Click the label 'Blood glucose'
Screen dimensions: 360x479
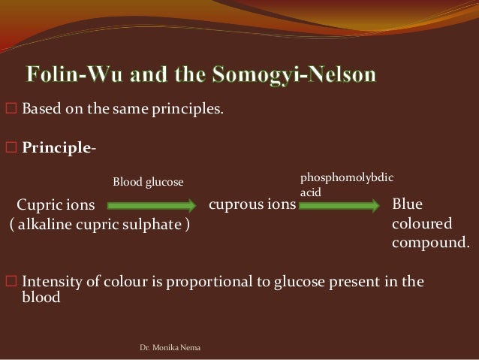click(x=148, y=182)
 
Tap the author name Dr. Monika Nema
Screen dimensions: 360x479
click(x=165, y=349)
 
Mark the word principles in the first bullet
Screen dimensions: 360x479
click(x=188, y=112)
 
